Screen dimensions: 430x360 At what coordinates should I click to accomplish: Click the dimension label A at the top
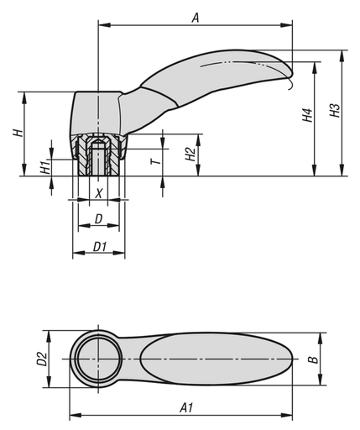196,16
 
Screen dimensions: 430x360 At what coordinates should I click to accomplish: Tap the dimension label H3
334,112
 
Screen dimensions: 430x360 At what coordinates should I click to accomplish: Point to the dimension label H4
307,115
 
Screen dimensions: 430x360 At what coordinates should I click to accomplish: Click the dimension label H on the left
16,134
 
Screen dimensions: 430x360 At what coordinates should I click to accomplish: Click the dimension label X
99,193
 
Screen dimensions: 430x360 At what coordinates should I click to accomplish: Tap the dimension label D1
98,246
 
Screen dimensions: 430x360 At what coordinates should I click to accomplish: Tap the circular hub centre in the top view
97,359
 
